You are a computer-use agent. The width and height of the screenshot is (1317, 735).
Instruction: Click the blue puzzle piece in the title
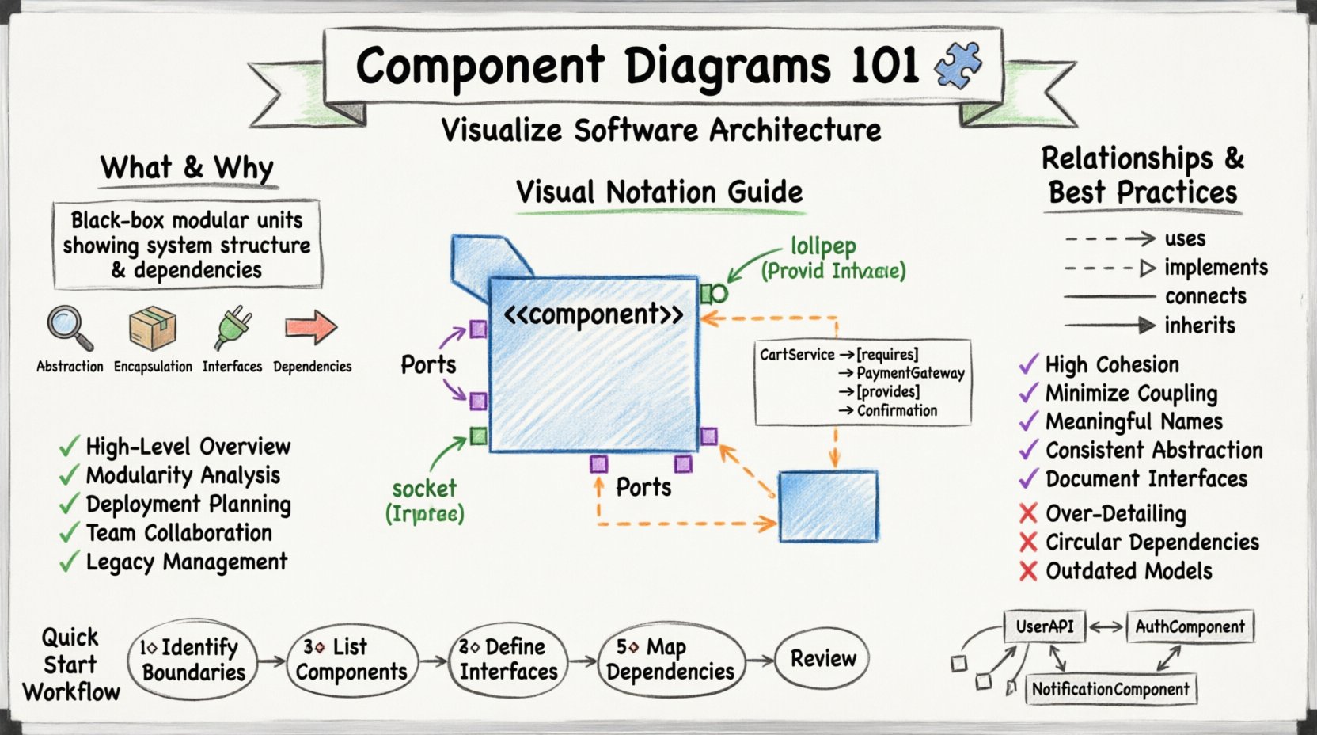(958, 65)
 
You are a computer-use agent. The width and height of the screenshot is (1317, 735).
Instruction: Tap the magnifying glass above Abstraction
(70, 328)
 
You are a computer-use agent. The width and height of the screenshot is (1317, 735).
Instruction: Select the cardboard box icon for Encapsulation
(153, 328)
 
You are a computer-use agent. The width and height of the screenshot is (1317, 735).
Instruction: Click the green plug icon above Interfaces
(233, 329)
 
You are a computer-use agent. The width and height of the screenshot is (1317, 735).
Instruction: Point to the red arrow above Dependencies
(311, 326)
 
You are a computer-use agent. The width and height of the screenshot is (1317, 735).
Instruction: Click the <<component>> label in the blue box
(594, 314)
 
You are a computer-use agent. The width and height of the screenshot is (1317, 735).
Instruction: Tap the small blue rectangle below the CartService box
(828, 506)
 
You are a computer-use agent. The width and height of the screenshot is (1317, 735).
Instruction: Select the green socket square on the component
(478, 435)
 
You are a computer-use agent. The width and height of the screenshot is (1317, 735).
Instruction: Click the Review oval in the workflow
(822, 658)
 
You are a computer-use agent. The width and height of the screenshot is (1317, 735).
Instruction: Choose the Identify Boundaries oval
(193, 660)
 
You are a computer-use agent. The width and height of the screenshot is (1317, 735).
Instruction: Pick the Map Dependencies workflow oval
(670, 660)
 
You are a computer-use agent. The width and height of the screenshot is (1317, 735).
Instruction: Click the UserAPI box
(1044, 626)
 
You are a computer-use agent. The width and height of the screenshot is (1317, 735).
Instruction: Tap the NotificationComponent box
(1110, 689)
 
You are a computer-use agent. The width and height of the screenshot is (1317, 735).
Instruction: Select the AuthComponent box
(1190, 627)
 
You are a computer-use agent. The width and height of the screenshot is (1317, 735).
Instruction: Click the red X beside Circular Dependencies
(1028, 543)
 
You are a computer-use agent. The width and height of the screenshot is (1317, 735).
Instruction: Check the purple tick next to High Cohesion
(1028, 365)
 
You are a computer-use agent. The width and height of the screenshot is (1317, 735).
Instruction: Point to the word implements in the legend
(1216, 268)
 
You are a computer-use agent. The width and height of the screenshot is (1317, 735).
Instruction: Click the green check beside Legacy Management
(70, 562)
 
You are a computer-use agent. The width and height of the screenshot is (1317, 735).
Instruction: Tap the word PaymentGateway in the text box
(910, 373)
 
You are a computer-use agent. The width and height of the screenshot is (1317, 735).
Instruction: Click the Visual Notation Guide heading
(659, 192)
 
